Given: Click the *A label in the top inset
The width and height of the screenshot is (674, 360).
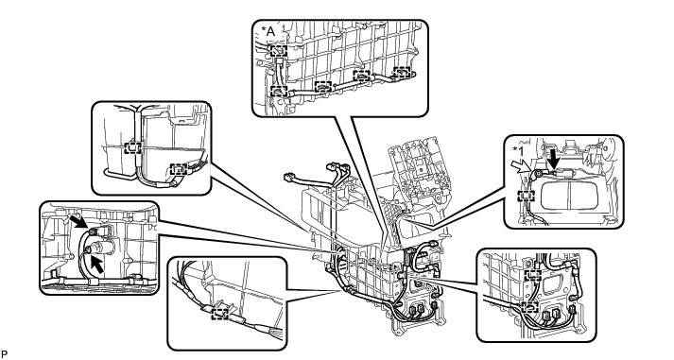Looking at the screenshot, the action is [268, 31].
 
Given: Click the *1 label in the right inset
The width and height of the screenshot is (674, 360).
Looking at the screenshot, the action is [518, 151].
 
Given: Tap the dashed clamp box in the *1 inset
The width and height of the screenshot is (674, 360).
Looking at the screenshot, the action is [527, 197].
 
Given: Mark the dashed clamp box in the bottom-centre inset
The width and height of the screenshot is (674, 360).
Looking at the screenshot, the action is [220, 314].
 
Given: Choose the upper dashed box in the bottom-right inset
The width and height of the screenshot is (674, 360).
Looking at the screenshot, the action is [533, 275].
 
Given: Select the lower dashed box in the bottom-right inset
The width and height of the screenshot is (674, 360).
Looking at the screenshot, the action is [530, 307].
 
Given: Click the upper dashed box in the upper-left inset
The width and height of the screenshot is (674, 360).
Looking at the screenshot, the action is [132, 147].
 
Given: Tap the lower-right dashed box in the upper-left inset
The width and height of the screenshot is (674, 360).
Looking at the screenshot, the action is [179, 169].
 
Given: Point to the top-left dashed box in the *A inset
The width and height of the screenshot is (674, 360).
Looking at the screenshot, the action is [279, 51].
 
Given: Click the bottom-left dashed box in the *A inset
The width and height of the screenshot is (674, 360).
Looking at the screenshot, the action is [279, 91].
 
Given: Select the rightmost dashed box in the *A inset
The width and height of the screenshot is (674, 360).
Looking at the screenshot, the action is [402, 71].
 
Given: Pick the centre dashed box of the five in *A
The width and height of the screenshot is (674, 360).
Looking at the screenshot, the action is [322, 86].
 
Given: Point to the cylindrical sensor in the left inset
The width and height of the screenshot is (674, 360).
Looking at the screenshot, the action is [101, 248].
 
